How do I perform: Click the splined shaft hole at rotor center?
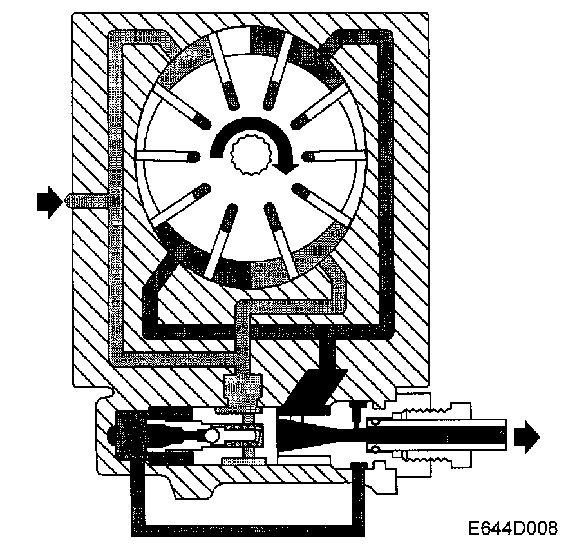tap(252, 155)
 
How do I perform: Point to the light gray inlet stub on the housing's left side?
tap(87, 201)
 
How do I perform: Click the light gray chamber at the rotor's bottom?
tap(270, 274)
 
